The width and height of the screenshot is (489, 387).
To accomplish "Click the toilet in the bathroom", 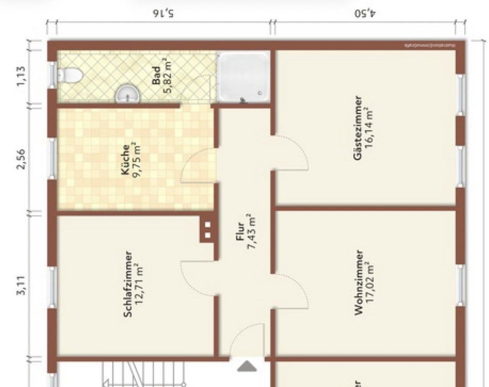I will click(x=70, y=75).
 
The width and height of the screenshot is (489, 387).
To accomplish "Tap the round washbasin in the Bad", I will click(x=127, y=94).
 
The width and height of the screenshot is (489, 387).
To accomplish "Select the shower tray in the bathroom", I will click(x=243, y=77).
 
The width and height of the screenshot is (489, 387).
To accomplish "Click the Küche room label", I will click(x=126, y=160).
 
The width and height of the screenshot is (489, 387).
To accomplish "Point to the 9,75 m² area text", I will click(x=136, y=160).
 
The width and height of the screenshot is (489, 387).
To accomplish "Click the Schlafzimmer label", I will click(x=128, y=284).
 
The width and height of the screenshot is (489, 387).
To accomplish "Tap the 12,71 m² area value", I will click(x=139, y=284).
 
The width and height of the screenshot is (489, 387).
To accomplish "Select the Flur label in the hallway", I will click(x=240, y=231).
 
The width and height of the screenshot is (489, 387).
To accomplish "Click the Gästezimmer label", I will click(x=357, y=128).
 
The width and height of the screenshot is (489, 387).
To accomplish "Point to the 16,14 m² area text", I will click(x=369, y=128).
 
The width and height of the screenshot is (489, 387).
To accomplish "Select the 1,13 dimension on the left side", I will click(x=22, y=75).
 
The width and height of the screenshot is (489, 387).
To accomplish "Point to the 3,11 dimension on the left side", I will click(x=22, y=285).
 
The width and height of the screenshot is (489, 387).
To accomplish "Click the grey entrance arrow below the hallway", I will click(x=246, y=366).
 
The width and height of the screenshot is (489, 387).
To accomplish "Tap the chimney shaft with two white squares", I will click(x=207, y=230).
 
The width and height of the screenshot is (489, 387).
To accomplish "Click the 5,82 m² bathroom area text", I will click(x=168, y=76).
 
